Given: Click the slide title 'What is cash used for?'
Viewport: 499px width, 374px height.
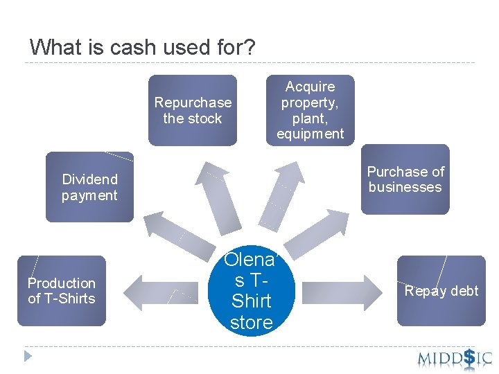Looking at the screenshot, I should [x=143, y=48].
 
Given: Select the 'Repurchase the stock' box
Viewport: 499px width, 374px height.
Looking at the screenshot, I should [x=193, y=111].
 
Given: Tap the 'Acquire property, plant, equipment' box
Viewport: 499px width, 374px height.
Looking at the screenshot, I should [x=310, y=110].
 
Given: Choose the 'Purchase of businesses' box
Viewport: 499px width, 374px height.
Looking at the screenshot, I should [x=405, y=179].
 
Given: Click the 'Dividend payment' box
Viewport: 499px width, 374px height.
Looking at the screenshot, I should [x=89, y=187].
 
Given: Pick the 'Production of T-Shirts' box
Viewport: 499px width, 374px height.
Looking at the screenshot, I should [x=62, y=291].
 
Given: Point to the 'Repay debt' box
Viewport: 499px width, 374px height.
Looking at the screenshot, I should [x=441, y=291].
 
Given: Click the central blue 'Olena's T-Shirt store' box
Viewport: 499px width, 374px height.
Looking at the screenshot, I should [x=251, y=292].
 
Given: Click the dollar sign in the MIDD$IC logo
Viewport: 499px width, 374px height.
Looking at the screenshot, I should [x=469, y=357].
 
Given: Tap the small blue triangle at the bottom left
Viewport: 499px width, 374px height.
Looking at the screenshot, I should [x=28, y=357].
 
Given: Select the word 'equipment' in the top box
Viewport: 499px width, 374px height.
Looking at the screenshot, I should [x=310, y=134].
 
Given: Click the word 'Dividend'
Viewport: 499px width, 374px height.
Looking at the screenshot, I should [x=90, y=179].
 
